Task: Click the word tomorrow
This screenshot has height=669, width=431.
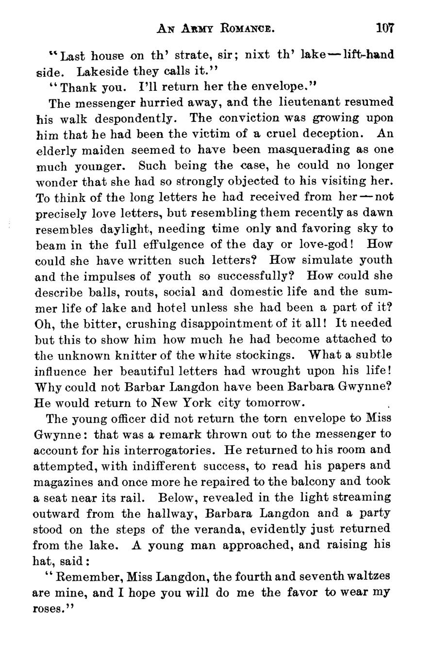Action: tap(275, 403)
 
